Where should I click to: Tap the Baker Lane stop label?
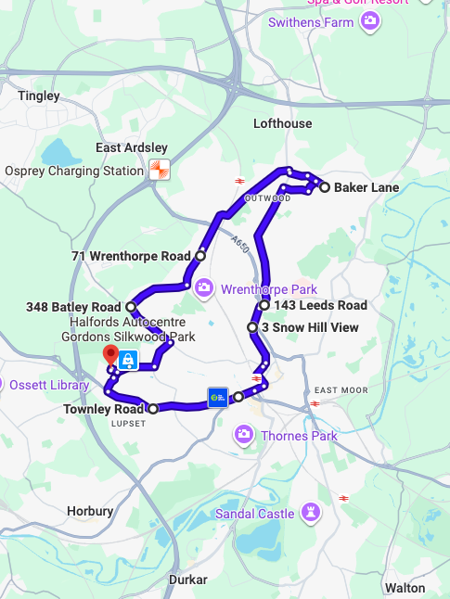(366, 187)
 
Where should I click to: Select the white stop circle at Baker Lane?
(325, 187)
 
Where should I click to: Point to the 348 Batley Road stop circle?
(131, 307)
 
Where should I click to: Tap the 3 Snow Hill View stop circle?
(252, 327)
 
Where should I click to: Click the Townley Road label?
(104, 409)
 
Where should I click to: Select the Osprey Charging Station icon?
(160, 171)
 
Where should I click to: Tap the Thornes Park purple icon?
(244, 434)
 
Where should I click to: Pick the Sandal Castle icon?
(311, 513)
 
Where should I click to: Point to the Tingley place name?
(39, 96)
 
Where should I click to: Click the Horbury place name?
(90, 511)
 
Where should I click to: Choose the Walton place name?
(405, 587)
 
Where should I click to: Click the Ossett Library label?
(49, 384)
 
